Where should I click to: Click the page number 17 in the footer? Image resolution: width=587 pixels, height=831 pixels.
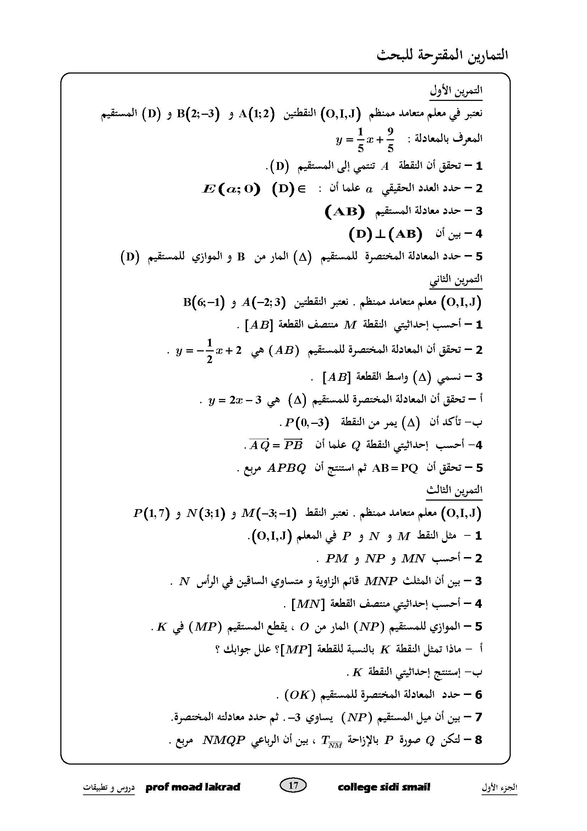(x=293, y=785)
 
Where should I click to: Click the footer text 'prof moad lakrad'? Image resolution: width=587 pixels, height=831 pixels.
(x=193, y=787)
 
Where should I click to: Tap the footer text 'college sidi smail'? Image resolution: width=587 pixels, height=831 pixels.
(x=384, y=787)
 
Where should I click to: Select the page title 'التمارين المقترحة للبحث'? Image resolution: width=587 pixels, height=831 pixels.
(x=442, y=55)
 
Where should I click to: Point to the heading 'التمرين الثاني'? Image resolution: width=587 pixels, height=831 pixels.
(x=456, y=280)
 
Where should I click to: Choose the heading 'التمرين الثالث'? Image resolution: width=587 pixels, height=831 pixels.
(x=454, y=490)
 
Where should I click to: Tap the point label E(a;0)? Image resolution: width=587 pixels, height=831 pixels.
(x=231, y=189)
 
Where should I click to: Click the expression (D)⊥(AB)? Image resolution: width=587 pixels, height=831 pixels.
(x=386, y=234)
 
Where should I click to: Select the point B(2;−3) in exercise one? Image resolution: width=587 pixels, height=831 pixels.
(x=198, y=114)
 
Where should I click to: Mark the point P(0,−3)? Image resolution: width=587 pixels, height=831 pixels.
(x=307, y=422)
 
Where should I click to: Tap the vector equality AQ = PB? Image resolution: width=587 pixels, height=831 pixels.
(x=276, y=445)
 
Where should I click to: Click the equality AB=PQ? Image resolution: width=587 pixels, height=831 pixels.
(x=395, y=468)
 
